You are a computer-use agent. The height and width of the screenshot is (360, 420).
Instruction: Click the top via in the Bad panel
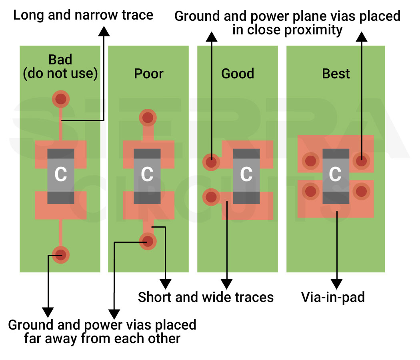60,98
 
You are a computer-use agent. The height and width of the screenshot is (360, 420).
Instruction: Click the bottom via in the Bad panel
60,255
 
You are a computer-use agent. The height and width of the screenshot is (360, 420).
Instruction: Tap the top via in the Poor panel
148,118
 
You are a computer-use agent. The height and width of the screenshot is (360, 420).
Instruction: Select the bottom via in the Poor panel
148,241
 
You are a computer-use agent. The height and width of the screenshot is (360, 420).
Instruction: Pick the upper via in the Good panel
211,162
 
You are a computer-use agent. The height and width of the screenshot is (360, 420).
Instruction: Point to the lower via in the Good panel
211,197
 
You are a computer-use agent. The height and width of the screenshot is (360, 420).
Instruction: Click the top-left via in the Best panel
311,161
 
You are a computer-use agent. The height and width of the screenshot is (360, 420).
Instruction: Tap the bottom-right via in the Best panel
361,191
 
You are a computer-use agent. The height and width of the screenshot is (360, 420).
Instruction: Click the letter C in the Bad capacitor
60,174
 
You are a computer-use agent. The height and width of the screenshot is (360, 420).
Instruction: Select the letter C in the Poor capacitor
147,174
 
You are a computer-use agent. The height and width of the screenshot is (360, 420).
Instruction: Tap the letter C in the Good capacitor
246,174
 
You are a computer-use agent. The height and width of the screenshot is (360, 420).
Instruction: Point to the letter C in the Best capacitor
335,174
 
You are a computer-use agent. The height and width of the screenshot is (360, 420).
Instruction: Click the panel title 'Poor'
149,74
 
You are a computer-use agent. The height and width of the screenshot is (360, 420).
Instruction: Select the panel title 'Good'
238,74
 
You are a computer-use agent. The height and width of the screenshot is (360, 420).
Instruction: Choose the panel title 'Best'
336,74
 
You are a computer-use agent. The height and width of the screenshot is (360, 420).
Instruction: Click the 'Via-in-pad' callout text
333,297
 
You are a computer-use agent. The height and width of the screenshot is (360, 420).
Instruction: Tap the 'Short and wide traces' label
206,297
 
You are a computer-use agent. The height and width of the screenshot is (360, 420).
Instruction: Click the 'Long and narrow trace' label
83,15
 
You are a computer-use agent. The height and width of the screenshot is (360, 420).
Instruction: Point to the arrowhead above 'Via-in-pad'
337,284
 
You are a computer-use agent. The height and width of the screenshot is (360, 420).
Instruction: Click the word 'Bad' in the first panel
60,60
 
